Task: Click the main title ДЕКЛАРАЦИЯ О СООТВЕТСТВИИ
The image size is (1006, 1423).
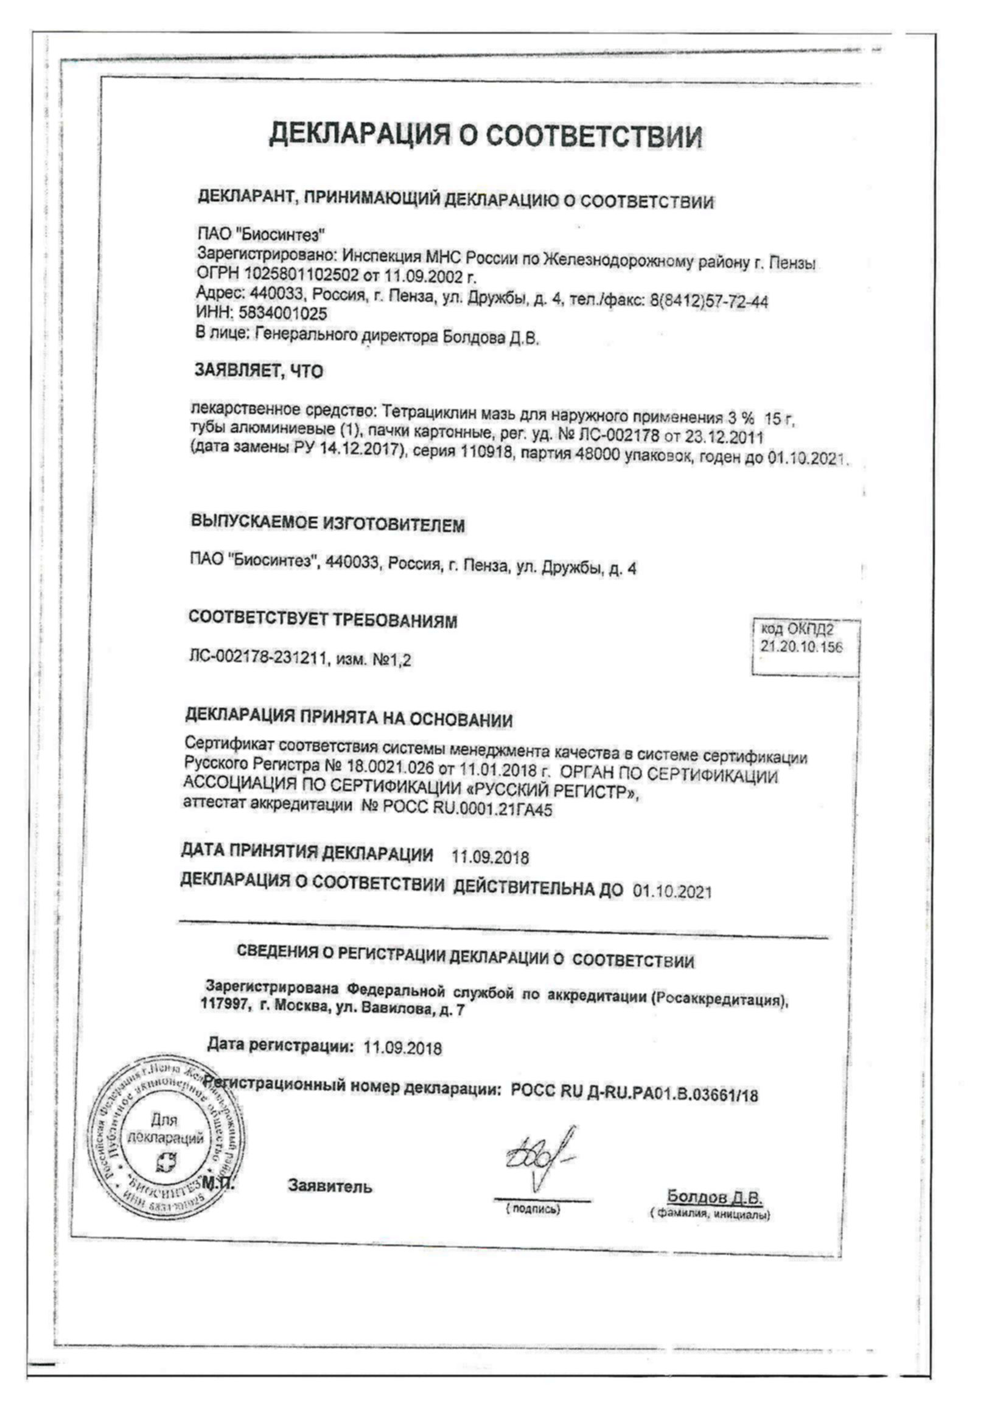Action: click(487, 136)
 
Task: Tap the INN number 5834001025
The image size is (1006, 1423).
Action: click(282, 313)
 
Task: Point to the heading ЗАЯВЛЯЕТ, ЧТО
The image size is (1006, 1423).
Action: click(259, 371)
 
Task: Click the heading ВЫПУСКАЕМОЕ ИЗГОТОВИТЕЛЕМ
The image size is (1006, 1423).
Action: click(328, 524)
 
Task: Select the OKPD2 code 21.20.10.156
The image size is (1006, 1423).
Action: click(802, 647)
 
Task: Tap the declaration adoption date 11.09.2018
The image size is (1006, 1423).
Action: click(491, 857)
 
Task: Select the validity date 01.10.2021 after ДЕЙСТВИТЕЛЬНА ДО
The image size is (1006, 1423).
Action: click(672, 892)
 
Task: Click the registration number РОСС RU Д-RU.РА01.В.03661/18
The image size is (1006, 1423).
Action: click(634, 1094)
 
